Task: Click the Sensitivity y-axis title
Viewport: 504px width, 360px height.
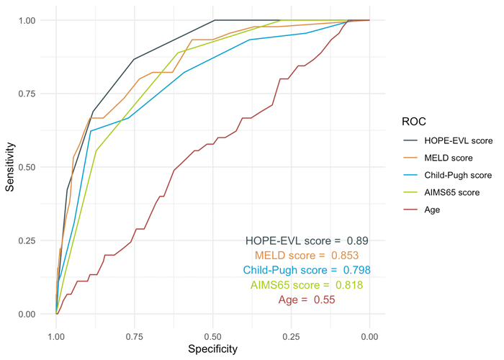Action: (11, 166)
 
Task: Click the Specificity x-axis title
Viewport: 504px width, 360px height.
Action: (212, 349)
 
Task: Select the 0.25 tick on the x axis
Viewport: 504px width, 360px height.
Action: (291, 336)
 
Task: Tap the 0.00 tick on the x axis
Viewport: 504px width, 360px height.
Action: (369, 336)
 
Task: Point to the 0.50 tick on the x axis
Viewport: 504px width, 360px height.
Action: (212, 336)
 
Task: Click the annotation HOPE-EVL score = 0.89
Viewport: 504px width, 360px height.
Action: (307, 240)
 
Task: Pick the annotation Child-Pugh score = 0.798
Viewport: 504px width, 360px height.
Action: (307, 270)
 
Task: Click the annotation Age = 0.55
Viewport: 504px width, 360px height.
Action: (307, 300)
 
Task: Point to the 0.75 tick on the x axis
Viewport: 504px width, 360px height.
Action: (135, 336)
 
